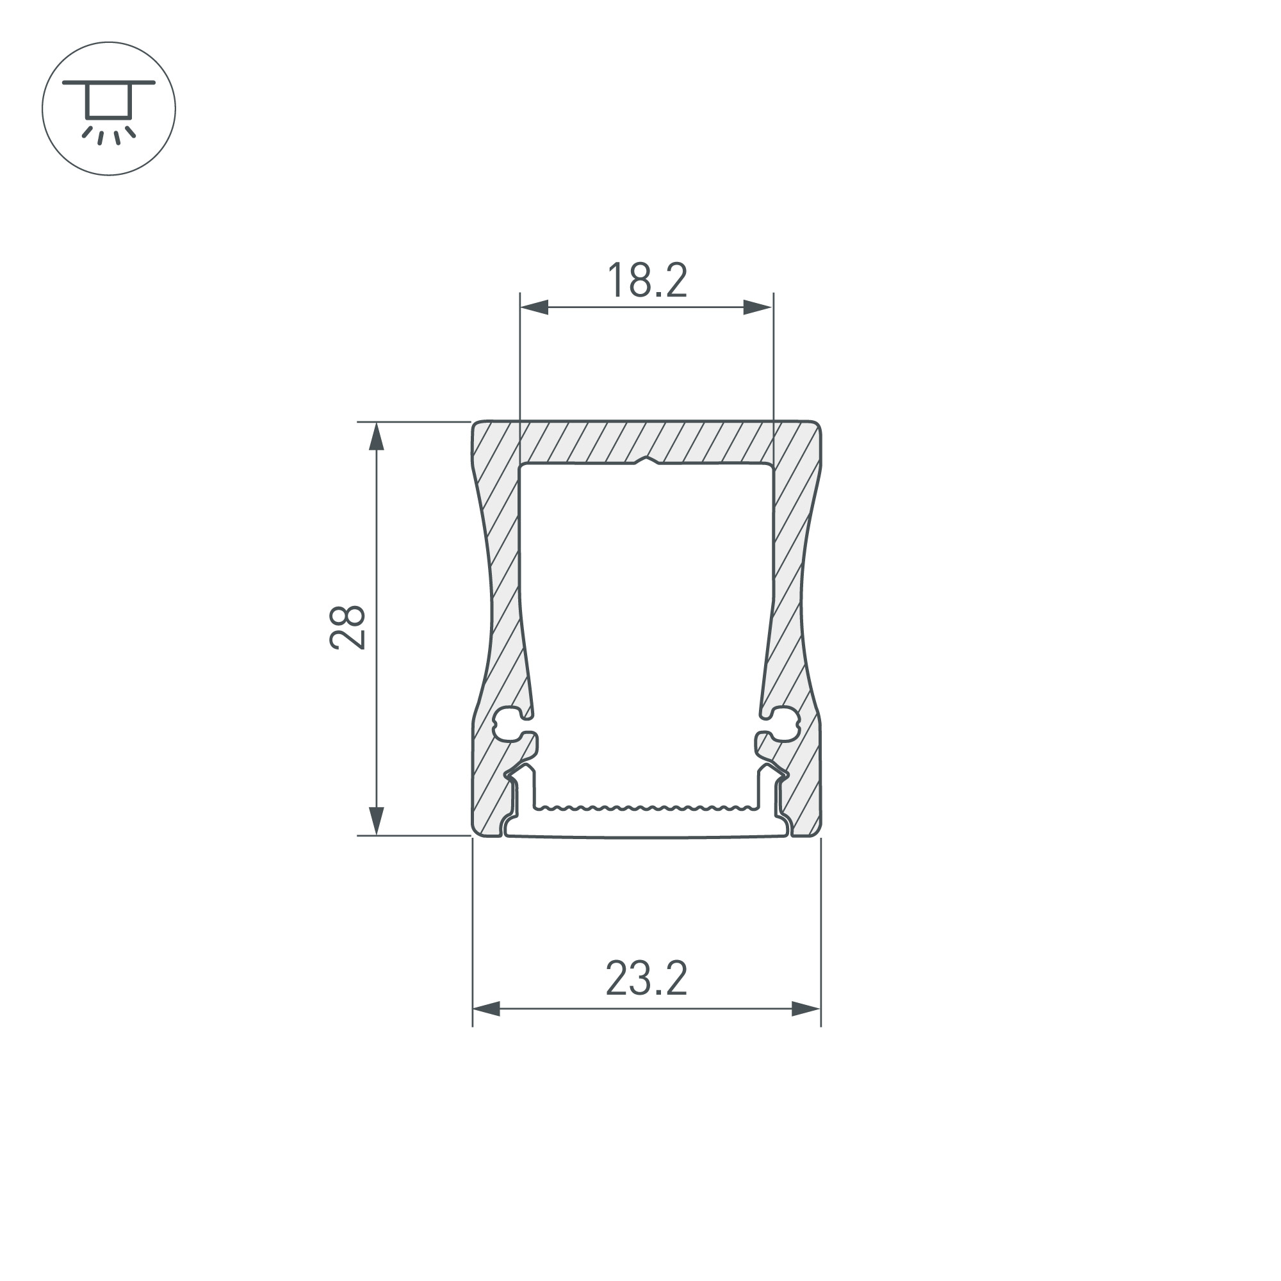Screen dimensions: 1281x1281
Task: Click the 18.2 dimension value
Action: [x=646, y=281]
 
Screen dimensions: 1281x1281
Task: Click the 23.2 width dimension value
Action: [x=646, y=979]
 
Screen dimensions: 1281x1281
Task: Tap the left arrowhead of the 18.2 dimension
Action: [x=534, y=307]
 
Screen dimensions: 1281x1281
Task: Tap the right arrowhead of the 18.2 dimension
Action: [x=758, y=307]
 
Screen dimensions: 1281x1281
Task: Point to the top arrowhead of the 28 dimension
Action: [x=376, y=437]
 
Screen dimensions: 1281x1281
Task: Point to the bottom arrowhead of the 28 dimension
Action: [x=376, y=821]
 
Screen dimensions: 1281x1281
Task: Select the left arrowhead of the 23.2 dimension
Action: [x=487, y=1010]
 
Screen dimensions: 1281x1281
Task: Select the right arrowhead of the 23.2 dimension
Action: [x=806, y=1010]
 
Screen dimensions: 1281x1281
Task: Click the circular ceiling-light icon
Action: [x=109, y=109]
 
